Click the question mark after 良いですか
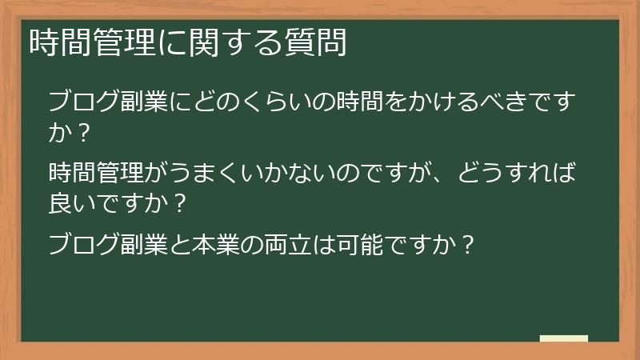tap(181, 203)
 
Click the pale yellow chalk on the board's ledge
tap(563, 338)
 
